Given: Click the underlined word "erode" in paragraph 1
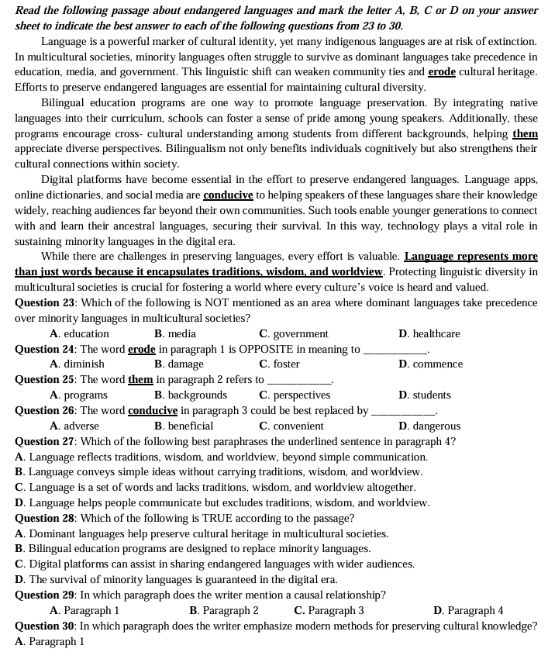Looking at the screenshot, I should (442, 71).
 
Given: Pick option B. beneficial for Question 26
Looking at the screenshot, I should (184, 426).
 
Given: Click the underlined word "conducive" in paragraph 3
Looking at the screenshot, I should (228, 195).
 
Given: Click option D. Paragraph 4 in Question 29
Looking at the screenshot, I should (468, 610).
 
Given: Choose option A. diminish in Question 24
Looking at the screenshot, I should (77, 364).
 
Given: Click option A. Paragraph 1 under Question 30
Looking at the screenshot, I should (50, 641).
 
